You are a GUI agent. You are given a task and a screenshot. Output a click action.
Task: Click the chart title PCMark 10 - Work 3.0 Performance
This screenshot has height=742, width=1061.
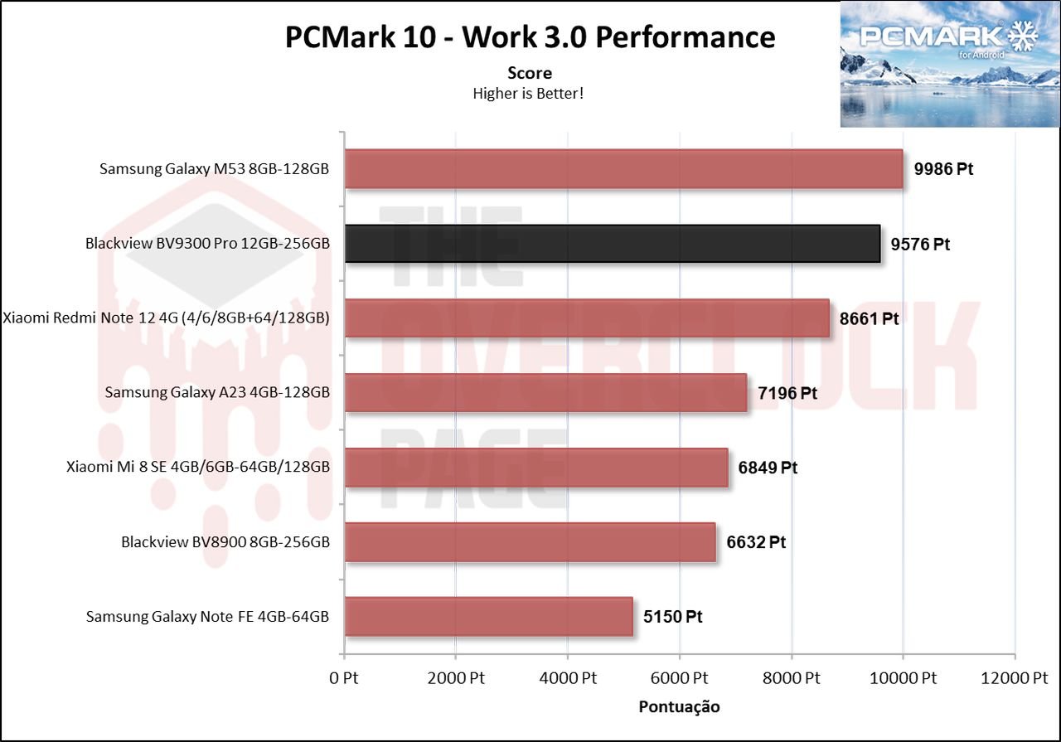click(530, 37)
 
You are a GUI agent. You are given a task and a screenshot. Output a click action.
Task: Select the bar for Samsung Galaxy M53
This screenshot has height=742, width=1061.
click(623, 168)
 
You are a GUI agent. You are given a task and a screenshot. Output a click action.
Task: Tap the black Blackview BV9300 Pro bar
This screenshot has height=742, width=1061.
click(612, 244)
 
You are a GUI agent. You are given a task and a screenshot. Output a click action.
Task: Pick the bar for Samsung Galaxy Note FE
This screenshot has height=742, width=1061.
click(488, 617)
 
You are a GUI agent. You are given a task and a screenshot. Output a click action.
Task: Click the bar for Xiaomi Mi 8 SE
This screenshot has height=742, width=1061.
click(535, 468)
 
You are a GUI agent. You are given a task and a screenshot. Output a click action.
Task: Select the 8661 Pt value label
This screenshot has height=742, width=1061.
click(870, 319)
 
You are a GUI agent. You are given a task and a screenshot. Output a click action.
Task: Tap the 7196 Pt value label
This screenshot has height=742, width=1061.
click(787, 393)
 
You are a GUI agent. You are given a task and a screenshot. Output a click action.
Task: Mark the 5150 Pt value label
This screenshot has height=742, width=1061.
click(673, 617)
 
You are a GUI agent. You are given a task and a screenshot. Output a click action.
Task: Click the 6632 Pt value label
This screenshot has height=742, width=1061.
click(756, 542)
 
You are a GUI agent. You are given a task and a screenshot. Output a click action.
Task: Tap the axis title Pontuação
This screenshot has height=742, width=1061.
click(679, 707)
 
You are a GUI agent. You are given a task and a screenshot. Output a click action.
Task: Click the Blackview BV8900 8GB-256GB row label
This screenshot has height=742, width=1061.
click(225, 542)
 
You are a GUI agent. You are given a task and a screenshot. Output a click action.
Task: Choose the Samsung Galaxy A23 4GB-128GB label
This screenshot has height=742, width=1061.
click(217, 393)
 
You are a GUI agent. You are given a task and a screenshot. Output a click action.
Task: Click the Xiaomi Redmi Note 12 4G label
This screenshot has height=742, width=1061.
click(167, 318)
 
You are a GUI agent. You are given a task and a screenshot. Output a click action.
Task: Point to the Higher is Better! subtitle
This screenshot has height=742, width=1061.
click(529, 94)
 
